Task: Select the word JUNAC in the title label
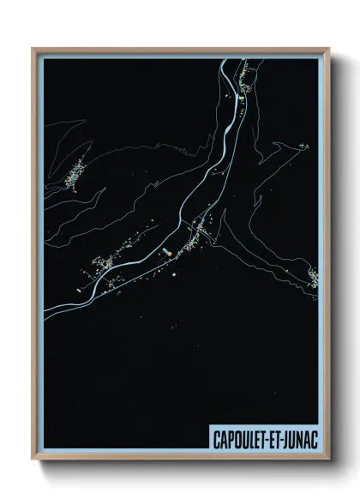pyautogui.click(x=297, y=437)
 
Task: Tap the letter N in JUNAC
pyautogui.click(x=297, y=437)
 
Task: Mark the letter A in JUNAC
pyautogui.click(x=304, y=437)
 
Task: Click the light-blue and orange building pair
pyautogui.click(x=165, y=251)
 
